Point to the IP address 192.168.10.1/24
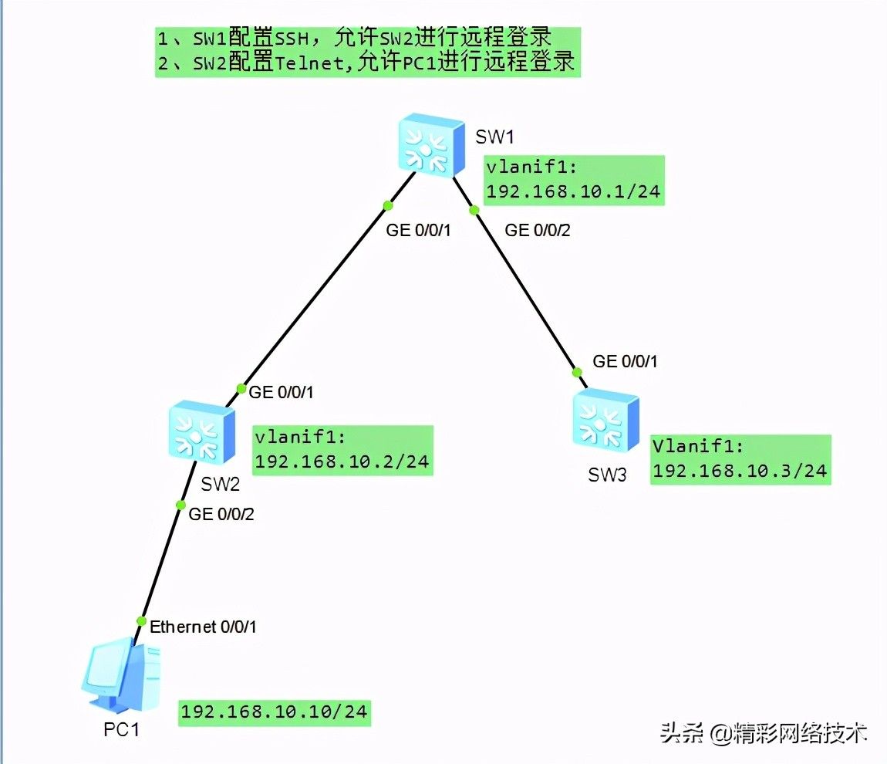point(574,191)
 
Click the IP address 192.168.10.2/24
point(342,461)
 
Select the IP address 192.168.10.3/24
point(740,471)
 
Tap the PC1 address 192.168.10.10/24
point(275,712)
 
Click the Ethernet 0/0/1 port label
point(203,627)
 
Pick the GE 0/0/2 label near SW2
point(221,514)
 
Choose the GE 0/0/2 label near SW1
point(537,229)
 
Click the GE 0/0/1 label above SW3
point(625,361)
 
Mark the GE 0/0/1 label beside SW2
point(281,392)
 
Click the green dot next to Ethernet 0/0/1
point(141,621)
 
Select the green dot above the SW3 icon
point(576,372)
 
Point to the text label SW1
point(494,137)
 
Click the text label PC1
point(122,729)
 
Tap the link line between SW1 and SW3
point(524,289)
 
